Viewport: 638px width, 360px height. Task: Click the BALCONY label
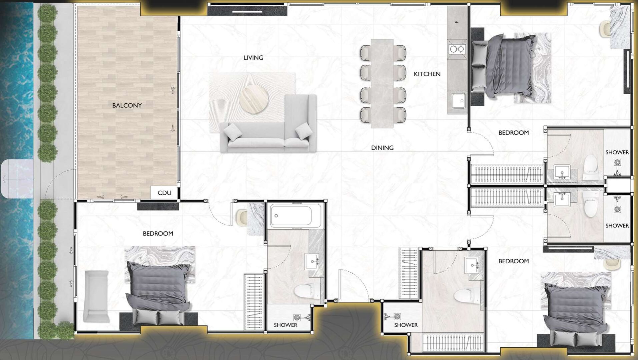point(127,105)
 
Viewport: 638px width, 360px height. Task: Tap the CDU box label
point(164,193)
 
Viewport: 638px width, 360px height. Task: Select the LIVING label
point(253,58)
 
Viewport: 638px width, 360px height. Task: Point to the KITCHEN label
point(427,74)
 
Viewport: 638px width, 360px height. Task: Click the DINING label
point(383,148)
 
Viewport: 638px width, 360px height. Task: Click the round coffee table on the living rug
point(253,99)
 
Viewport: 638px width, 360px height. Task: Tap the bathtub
point(291,216)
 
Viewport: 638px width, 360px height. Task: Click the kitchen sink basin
point(459,101)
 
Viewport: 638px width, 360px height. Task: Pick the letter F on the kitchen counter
point(457,22)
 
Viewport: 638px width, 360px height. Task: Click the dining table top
point(382,83)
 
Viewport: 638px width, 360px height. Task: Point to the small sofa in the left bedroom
point(97,296)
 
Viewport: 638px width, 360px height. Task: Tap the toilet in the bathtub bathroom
point(305,291)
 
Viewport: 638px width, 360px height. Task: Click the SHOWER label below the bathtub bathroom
point(285,325)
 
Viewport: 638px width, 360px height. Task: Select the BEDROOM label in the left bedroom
point(158,234)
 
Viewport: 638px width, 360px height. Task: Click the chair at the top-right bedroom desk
point(605,29)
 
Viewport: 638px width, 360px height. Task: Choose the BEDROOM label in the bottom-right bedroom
point(514,261)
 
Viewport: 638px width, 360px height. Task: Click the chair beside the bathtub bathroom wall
point(241,217)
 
